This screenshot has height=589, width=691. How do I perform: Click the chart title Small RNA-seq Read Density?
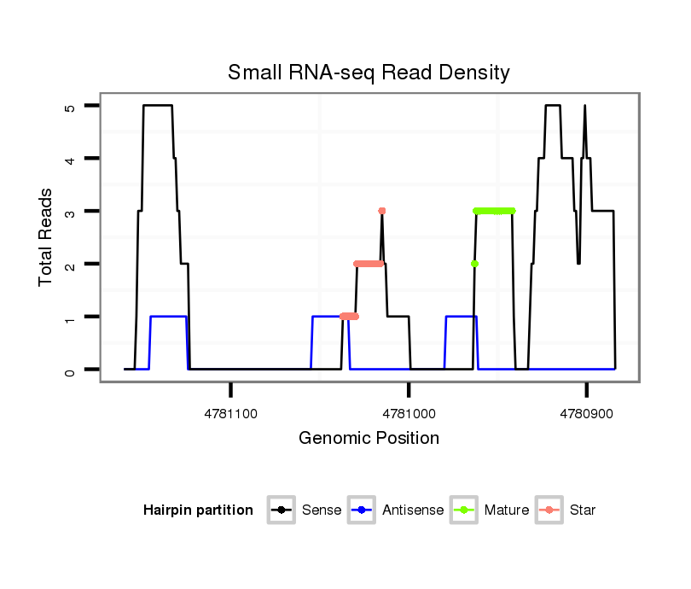click(369, 73)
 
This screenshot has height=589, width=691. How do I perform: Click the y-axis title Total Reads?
click(47, 236)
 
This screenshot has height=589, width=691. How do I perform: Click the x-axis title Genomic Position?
click(369, 439)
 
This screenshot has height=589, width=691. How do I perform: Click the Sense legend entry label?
click(322, 510)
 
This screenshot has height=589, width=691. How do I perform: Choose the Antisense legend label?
click(413, 510)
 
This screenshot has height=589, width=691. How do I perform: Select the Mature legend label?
click(506, 510)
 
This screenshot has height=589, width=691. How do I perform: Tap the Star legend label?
click(583, 510)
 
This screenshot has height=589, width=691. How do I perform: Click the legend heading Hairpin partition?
click(198, 510)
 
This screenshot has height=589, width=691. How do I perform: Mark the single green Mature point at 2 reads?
click(474, 264)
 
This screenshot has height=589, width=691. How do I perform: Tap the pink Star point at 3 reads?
click(381, 211)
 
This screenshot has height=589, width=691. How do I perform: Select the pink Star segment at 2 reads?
click(369, 264)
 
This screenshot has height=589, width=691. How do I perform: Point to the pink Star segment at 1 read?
click(349, 317)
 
